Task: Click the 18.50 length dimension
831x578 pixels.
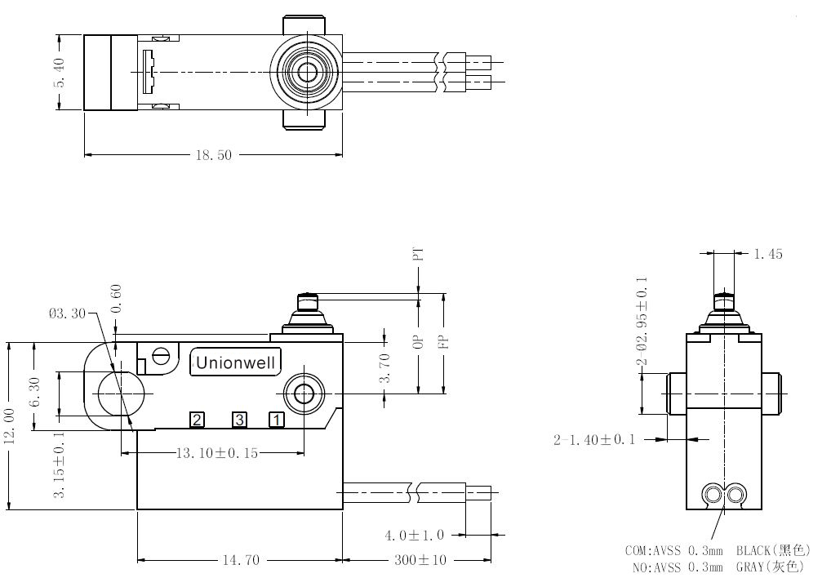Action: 214,155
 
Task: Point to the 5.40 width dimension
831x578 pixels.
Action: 59,73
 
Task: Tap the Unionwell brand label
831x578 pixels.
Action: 235,363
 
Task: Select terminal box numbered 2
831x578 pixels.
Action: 198,420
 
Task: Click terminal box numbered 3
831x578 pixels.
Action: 239,420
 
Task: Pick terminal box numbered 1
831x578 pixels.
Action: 277,420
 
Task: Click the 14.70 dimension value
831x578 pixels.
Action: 241,560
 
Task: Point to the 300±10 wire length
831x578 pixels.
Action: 420,560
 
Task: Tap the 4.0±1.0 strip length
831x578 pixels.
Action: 415,535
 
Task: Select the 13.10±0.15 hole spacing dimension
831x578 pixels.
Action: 217,453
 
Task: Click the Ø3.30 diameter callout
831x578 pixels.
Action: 67,313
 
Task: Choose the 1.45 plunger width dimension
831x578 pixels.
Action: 768,254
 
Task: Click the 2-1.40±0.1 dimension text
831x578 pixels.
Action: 594,440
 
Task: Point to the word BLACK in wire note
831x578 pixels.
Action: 753,551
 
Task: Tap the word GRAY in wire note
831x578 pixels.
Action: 749,567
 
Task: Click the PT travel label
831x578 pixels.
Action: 419,254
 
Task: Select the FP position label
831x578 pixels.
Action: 444,342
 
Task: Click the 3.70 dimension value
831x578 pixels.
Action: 385,367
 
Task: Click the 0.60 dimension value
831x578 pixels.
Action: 116,299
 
